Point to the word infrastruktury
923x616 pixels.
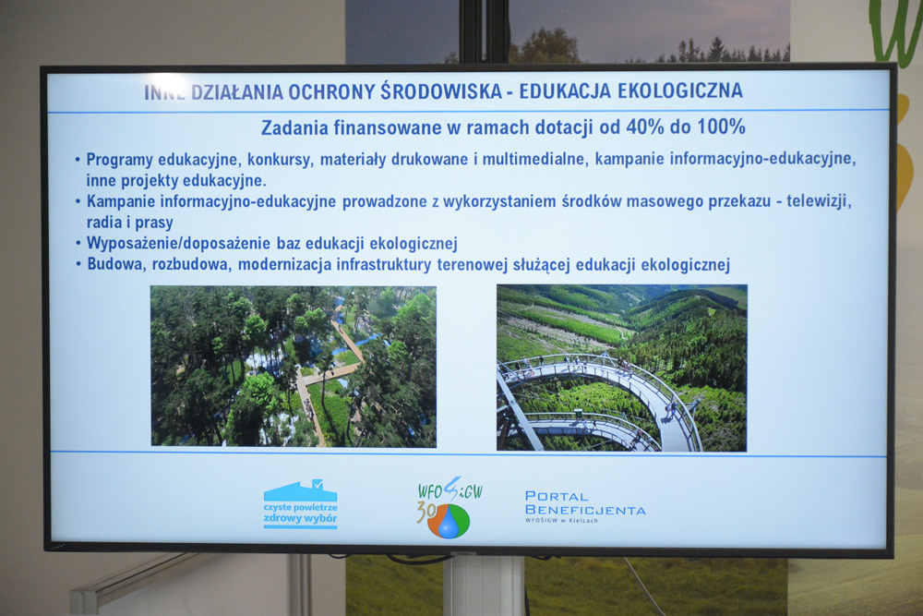(x=384, y=264)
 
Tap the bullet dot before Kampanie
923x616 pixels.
(x=78, y=202)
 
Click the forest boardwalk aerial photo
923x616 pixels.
(x=294, y=367)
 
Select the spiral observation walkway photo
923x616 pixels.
(x=621, y=368)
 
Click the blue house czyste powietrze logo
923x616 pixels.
(x=300, y=504)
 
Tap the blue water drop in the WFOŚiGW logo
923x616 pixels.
(x=449, y=523)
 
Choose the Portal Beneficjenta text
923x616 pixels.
(x=585, y=506)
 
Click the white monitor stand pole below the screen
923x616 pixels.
(x=484, y=586)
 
